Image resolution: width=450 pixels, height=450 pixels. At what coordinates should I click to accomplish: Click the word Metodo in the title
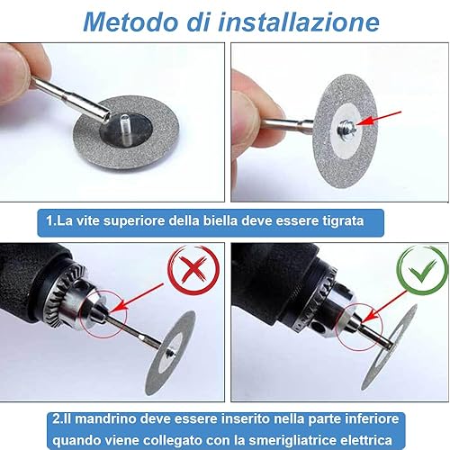[130, 22]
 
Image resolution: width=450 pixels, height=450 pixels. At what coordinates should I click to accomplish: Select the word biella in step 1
[220, 220]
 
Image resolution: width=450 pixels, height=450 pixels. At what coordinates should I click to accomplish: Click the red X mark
[193, 268]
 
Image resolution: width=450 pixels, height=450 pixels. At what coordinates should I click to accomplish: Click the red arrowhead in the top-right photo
[364, 121]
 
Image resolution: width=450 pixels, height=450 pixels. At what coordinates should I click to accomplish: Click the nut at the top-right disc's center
[345, 127]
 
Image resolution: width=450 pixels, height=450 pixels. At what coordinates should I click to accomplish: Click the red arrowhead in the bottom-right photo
[372, 316]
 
